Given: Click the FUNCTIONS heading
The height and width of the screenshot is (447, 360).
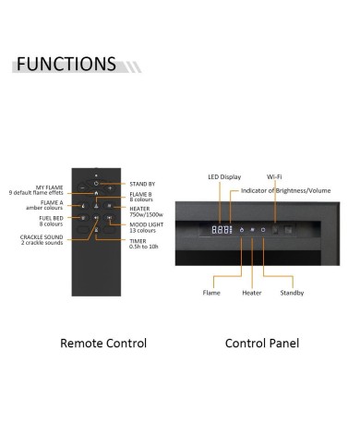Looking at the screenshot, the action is click(x=66, y=64).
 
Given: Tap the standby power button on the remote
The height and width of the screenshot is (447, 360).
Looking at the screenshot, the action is click(x=96, y=184).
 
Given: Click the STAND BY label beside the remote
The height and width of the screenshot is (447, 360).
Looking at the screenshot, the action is click(x=142, y=184).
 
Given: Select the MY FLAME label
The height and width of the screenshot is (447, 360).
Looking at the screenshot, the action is click(x=36, y=190).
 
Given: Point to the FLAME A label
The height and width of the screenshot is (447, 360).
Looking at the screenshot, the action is click(x=44, y=205).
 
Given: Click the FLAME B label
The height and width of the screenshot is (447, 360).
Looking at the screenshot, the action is click(x=141, y=197).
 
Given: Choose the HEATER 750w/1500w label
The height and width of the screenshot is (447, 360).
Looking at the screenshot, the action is click(x=146, y=211).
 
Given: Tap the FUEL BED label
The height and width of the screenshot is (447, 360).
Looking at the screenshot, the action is click(x=51, y=221).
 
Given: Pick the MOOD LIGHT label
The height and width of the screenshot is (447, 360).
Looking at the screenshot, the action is click(x=147, y=227).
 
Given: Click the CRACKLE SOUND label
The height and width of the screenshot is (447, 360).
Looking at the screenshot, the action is click(x=42, y=240).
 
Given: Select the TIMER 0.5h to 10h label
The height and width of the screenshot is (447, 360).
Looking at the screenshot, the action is click(x=144, y=244).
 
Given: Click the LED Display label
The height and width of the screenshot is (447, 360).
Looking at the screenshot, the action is click(x=224, y=177).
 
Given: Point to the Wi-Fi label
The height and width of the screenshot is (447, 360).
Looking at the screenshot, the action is click(x=274, y=176).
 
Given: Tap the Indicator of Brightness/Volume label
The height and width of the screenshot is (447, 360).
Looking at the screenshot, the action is click(x=285, y=190).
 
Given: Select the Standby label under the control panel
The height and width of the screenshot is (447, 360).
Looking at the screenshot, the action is click(x=292, y=293).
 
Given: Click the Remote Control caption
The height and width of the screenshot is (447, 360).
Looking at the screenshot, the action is click(x=103, y=344).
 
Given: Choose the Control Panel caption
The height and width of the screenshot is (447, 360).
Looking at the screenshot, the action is click(x=262, y=344).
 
